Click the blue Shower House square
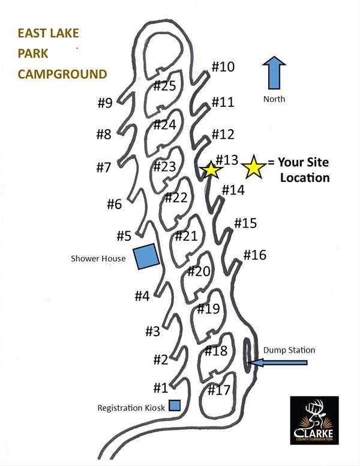(x=146, y=256)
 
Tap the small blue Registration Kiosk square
(x=175, y=405)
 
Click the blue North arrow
(x=275, y=74)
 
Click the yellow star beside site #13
(x=211, y=170)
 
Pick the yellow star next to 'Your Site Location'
(x=254, y=168)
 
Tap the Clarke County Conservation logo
(x=314, y=420)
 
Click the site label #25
(x=164, y=86)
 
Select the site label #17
(x=219, y=390)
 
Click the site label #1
(x=160, y=388)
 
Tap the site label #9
(x=105, y=103)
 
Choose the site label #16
(x=254, y=255)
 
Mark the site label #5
(x=124, y=236)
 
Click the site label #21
(x=186, y=236)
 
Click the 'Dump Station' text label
(x=289, y=350)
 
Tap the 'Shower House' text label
(x=98, y=259)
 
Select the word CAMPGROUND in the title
(x=62, y=74)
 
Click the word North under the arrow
(x=274, y=99)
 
